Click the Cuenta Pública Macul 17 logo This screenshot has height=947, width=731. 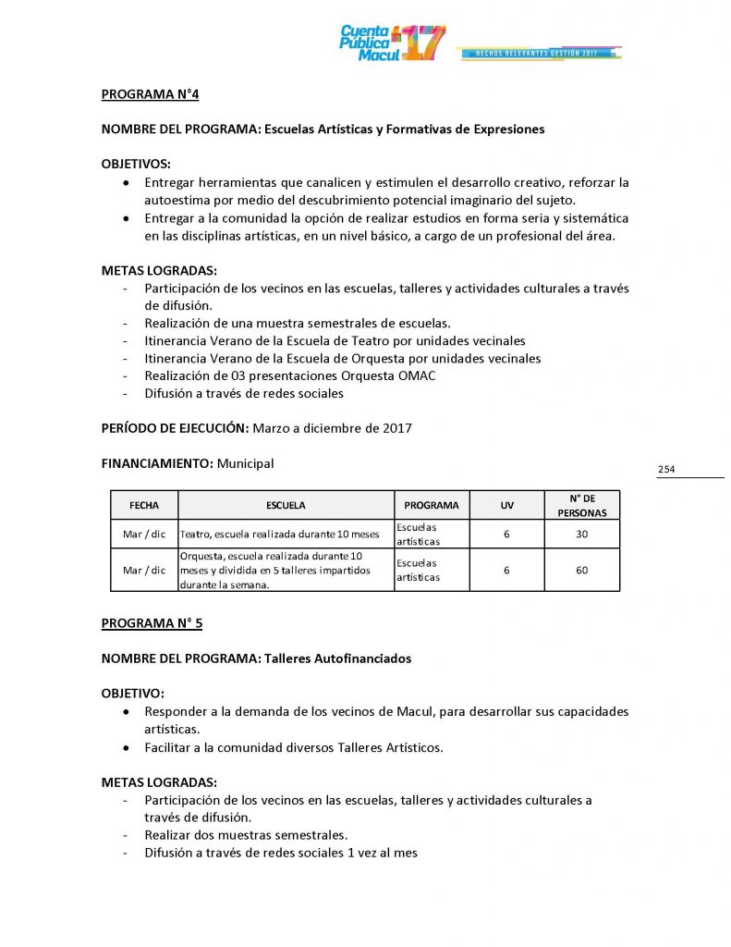click(392, 43)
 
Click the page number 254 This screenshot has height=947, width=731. click(666, 470)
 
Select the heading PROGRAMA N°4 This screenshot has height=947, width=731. click(150, 93)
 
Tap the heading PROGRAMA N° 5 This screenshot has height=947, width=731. click(152, 623)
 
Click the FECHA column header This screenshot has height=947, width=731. click(144, 505)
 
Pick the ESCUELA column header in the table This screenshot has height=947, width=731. click(286, 505)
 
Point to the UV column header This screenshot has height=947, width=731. click(506, 505)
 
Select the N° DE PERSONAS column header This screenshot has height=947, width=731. click(582, 505)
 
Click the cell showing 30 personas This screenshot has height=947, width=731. click(582, 534)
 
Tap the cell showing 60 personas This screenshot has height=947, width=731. click(582, 570)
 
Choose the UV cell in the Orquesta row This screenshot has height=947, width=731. click(506, 570)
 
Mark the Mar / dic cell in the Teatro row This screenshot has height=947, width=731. click(144, 534)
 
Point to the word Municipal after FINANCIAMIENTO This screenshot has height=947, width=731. click(245, 463)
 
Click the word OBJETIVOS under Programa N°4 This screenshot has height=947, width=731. click(136, 164)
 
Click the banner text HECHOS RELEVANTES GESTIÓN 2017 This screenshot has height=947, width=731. click(537, 54)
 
